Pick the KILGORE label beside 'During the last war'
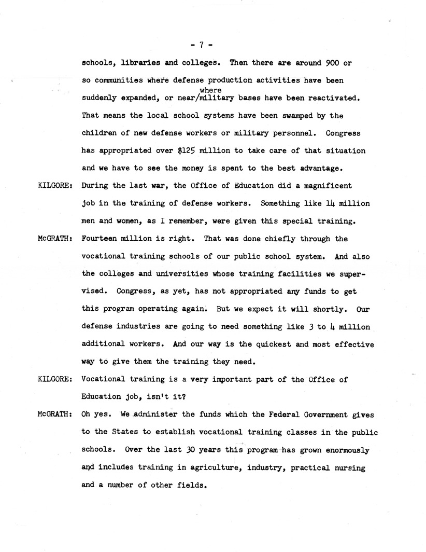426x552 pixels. (55, 186)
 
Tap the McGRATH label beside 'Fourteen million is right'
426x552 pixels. (55, 239)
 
